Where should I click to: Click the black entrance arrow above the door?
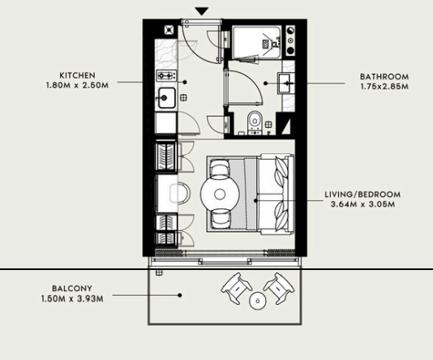pos(202,11)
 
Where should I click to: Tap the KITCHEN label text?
pos(77,75)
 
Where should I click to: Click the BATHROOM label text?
pos(384,76)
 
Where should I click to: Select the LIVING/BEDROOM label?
pos(362,195)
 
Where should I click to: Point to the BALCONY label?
pos(72,289)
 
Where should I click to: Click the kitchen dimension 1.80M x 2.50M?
pos(77,85)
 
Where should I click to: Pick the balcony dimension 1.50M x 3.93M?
pos(72,298)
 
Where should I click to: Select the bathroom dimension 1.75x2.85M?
pos(384,87)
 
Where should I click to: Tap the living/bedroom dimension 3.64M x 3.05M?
pos(362,204)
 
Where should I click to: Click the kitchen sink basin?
pos(166,98)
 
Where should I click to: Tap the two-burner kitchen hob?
pos(166,75)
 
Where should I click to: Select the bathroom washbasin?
pos(286,83)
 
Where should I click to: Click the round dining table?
pos(220,195)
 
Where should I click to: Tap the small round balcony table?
pos(258,301)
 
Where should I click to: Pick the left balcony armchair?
pos(236,288)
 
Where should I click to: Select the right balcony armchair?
pos(278,288)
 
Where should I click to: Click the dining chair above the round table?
pos(220,168)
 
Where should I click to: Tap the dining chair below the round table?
pos(220,219)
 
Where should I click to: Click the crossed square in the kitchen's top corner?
pos(169,30)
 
